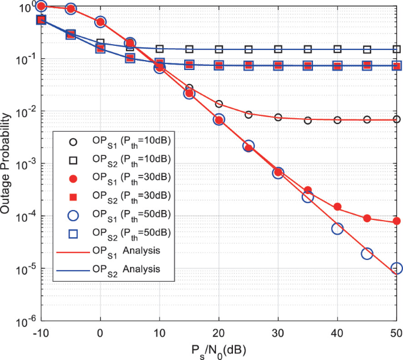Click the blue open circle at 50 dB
click(x=397, y=268)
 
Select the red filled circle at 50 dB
click(x=397, y=221)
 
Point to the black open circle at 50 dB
click(x=397, y=119)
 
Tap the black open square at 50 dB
click(x=397, y=50)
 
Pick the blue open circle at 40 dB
click(x=338, y=229)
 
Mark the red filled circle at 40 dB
click(x=338, y=206)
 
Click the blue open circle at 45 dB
click(x=367, y=254)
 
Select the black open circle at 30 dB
click(x=278, y=117)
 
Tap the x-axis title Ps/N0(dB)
click(x=218, y=350)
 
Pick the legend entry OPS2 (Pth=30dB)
click(x=118, y=195)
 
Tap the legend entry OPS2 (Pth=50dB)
click(x=118, y=233)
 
